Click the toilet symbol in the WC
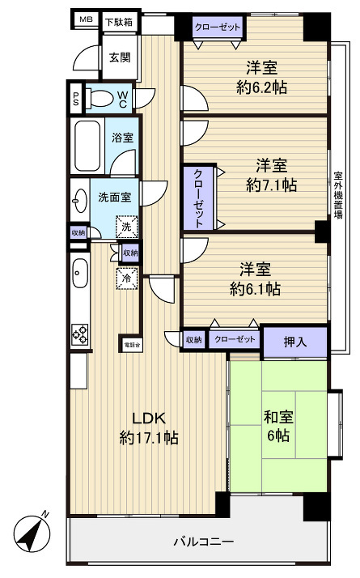point(100,100)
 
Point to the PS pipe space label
point(76,100)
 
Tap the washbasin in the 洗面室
point(80,198)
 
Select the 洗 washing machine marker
point(125,228)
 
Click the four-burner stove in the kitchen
point(81,333)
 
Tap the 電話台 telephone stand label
point(130,343)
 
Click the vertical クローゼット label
point(197,197)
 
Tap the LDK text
point(149,418)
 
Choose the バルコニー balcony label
point(204,542)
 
